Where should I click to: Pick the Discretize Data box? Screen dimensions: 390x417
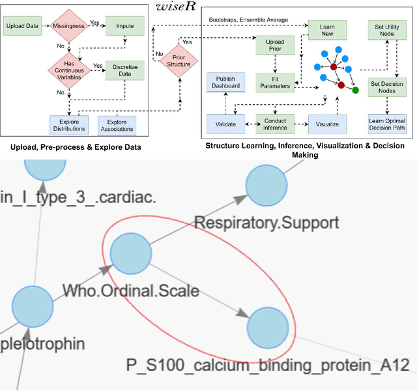point(125,71)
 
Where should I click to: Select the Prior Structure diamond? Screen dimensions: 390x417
point(180,64)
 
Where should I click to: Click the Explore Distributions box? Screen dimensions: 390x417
point(68,124)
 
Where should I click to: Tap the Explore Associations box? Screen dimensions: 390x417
point(117,124)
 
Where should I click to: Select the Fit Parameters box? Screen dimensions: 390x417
point(271,81)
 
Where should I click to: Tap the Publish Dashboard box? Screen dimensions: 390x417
point(225,81)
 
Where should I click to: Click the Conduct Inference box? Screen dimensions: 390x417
point(275,123)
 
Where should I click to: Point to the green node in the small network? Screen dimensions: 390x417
point(355,90)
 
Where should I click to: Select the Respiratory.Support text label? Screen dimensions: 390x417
point(267,223)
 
